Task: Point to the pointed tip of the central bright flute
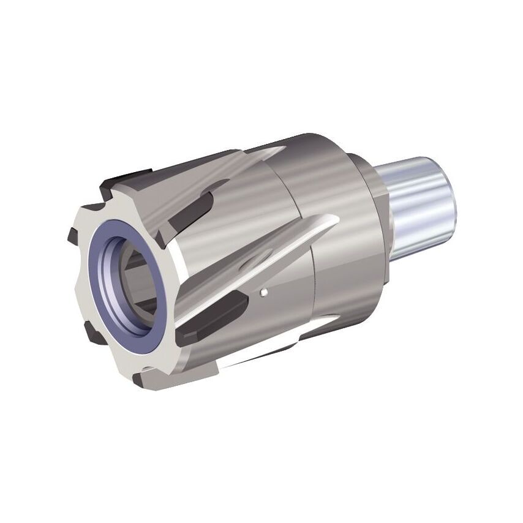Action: [x=335, y=219]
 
